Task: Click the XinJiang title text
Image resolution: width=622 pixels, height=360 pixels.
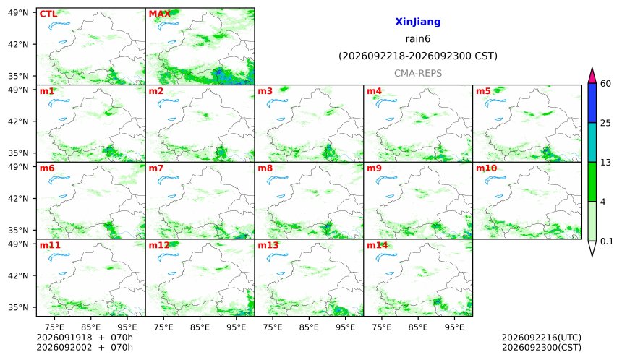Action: point(418,22)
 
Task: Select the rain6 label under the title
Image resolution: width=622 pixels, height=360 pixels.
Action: point(418,39)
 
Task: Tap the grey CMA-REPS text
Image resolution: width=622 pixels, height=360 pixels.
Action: point(418,73)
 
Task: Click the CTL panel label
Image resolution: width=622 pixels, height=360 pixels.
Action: point(48,14)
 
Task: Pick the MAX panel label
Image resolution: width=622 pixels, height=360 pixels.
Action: point(159,14)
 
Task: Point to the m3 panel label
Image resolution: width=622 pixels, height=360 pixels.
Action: point(265,91)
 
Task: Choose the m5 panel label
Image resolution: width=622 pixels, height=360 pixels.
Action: point(483,91)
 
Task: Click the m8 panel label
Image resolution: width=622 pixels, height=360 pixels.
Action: point(265,168)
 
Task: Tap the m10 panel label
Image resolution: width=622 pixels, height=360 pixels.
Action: point(486,168)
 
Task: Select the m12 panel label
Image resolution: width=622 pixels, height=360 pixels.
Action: point(158,245)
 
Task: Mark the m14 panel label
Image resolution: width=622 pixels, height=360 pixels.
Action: point(377,245)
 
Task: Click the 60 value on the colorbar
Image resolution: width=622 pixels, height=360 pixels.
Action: point(605,84)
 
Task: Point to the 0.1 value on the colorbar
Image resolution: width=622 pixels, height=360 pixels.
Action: point(607,241)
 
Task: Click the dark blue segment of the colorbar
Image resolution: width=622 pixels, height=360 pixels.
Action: point(592,103)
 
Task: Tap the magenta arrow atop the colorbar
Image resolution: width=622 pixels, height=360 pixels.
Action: point(592,75)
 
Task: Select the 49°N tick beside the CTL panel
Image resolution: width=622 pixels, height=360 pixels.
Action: point(18,13)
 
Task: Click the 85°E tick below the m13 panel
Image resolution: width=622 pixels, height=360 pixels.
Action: point(309,327)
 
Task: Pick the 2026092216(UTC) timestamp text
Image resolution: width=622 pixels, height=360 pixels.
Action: point(542,338)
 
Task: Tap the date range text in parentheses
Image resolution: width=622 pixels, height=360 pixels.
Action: point(418,56)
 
